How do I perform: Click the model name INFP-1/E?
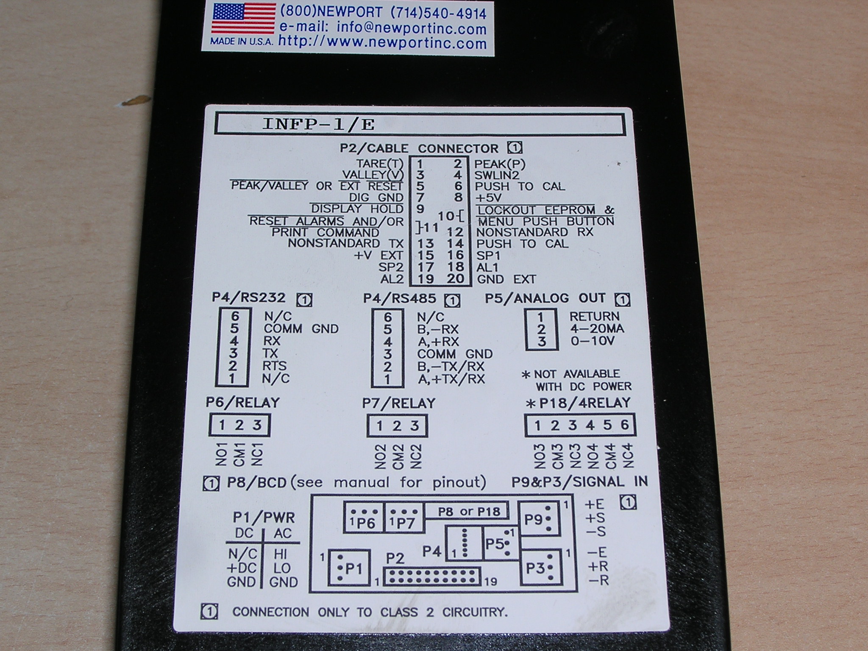click(x=318, y=124)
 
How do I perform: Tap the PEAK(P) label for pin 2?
click(x=499, y=164)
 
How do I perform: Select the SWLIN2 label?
click(x=497, y=175)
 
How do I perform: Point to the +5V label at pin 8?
click(x=488, y=198)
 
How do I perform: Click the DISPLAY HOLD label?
click(x=357, y=209)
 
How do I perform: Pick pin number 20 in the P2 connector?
click(x=456, y=279)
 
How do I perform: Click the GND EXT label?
click(x=506, y=279)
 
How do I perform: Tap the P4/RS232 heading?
click(x=248, y=298)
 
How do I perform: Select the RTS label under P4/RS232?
click(x=275, y=365)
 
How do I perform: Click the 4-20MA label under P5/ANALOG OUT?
click(x=597, y=329)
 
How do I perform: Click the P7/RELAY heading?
click(x=398, y=403)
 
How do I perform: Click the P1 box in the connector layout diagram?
click(x=349, y=568)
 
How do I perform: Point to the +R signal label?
click(x=597, y=566)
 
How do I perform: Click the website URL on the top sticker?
click(x=382, y=43)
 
